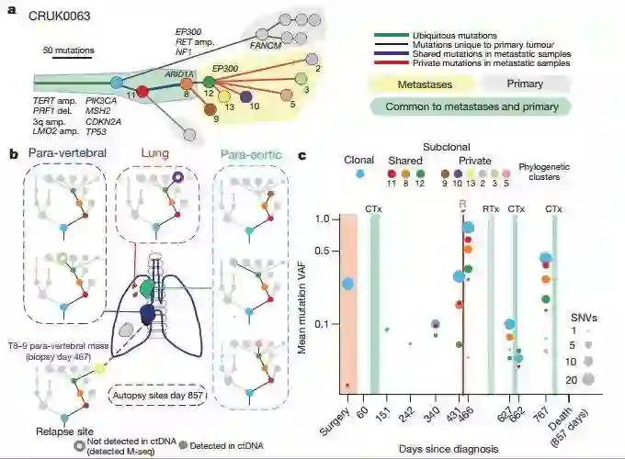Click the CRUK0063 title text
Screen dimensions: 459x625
(x=59, y=16)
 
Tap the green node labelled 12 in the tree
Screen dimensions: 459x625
(x=210, y=83)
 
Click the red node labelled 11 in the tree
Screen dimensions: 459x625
(x=142, y=91)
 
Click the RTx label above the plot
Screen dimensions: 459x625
(x=490, y=209)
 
